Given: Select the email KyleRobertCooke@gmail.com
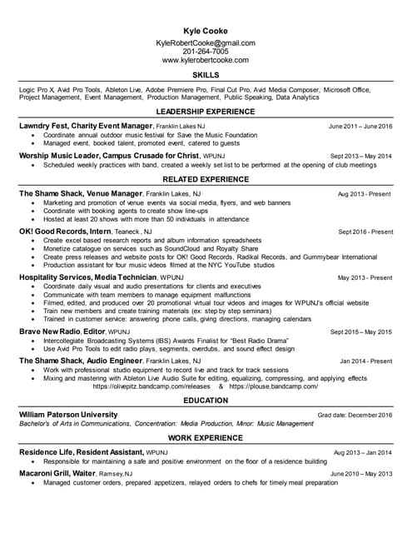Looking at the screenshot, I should [x=206, y=42].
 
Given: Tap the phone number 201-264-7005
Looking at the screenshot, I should [x=206, y=52].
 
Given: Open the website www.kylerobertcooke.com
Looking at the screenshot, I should [x=206, y=61].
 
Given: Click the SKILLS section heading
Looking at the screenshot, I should [x=206, y=75].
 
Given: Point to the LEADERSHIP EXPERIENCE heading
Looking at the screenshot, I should [x=206, y=112].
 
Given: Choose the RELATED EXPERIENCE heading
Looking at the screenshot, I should [x=206, y=179].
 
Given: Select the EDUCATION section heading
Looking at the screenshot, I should [x=206, y=401].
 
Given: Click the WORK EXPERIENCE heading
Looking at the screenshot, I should [x=206, y=438].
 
